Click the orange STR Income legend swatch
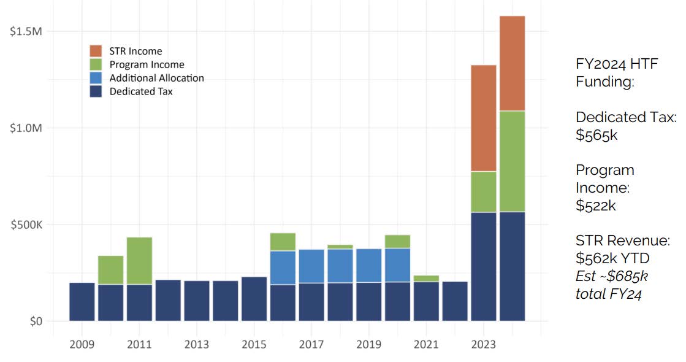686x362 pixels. point(96,51)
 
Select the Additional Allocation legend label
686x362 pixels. point(156,78)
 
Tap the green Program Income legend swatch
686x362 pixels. point(96,64)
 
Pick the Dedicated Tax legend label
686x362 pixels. point(141,91)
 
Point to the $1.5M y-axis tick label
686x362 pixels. point(25,31)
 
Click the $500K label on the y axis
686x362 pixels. point(25,225)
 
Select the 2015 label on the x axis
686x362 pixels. point(254,345)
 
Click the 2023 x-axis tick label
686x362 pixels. point(483,345)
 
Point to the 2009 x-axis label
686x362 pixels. point(82,345)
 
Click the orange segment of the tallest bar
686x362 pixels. point(512,63)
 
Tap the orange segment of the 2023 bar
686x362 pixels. point(483,118)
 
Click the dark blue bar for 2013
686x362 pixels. point(196,301)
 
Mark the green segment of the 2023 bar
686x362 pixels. point(483,191)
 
